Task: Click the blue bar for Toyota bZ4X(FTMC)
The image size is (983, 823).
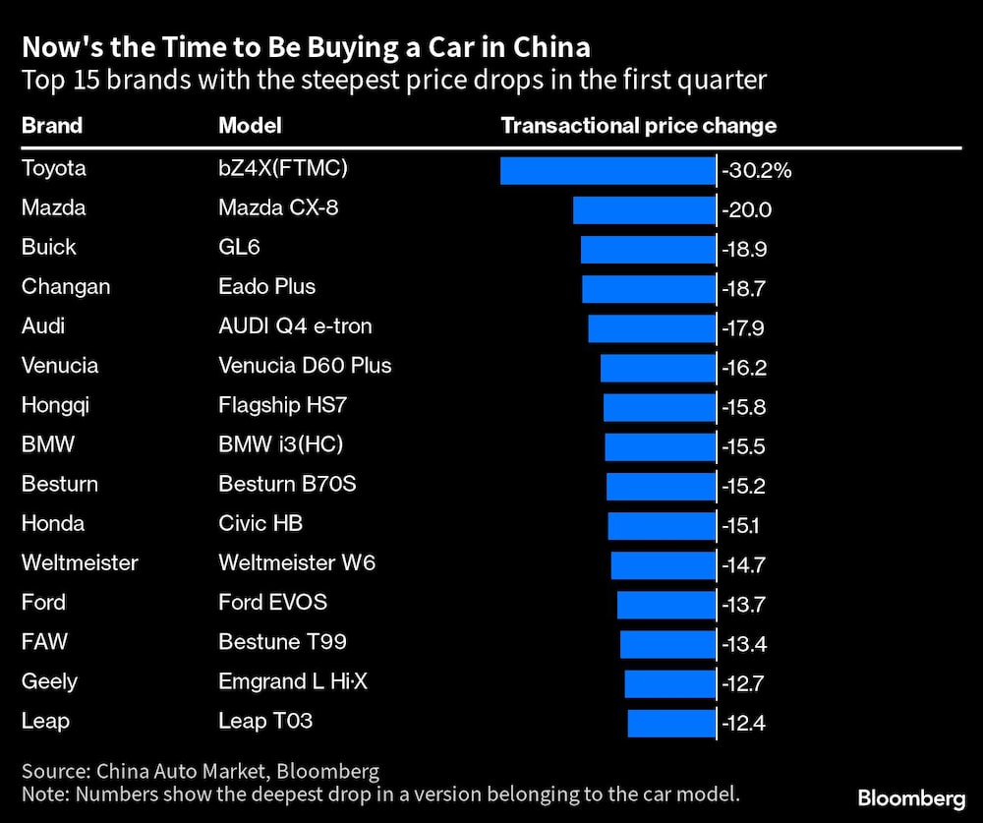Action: click(607, 169)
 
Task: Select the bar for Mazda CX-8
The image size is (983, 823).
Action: click(644, 209)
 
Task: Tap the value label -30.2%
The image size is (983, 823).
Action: click(756, 170)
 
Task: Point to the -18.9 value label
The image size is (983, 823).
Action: click(744, 249)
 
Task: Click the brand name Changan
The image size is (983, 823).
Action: click(66, 287)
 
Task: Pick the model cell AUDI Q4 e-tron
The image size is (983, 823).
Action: click(295, 326)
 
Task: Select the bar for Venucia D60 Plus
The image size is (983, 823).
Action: click(658, 367)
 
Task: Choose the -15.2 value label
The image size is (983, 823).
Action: click(744, 486)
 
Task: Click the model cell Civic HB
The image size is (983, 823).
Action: click(260, 523)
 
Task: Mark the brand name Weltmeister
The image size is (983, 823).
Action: click(80, 563)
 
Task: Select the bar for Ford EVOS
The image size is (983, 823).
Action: click(665, 604)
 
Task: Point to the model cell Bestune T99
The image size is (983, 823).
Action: click(282, 642)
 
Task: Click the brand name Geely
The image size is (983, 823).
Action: click(49, 681)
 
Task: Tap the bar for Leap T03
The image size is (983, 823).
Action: click(671, 723)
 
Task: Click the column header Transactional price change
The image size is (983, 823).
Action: click(639, 126)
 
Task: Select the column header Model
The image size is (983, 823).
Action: click(250, 126)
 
